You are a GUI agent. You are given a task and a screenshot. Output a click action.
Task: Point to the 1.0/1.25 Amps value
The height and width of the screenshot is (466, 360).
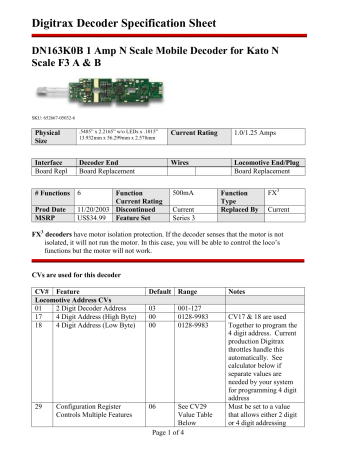click(256, 131)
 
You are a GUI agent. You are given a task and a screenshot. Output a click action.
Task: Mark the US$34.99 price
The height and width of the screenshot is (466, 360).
click(92, 217)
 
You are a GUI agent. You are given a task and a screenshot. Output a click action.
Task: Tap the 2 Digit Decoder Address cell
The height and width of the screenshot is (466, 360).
click(97, 308)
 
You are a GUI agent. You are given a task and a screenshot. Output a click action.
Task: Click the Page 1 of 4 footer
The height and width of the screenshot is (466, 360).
click(179, 457)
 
